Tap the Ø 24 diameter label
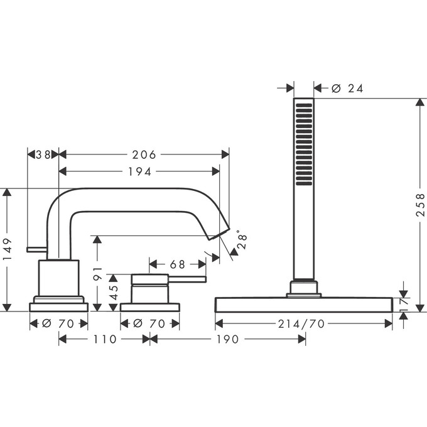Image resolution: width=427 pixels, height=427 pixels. (347, 89)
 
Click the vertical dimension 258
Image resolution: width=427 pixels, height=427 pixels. (420, 205)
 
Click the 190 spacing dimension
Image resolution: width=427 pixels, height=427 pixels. (227, 339)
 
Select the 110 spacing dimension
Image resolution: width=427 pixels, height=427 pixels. (104, 339)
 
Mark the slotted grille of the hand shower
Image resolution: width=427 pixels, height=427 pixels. (304, 144)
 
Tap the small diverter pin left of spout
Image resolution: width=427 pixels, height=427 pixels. (36, 250)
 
